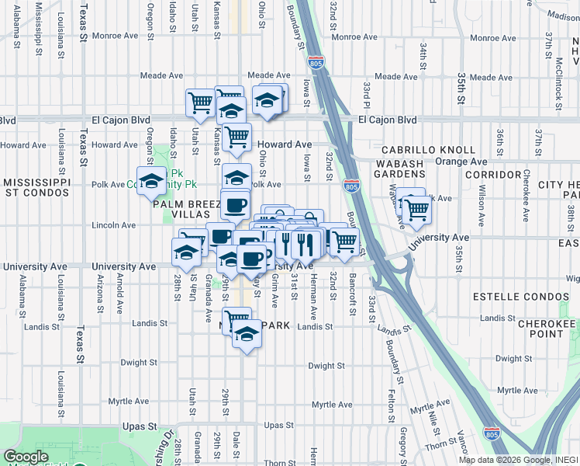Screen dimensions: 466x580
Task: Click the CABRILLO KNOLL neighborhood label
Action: tap(428, 149)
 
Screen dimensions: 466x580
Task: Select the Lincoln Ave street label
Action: tap(114, 225)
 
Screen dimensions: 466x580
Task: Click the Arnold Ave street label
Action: tap(120, 289)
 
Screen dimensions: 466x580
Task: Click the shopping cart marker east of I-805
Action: tap(417, 209)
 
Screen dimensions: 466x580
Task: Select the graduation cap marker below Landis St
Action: tap(247, 335)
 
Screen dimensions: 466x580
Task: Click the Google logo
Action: tap(26, 457)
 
